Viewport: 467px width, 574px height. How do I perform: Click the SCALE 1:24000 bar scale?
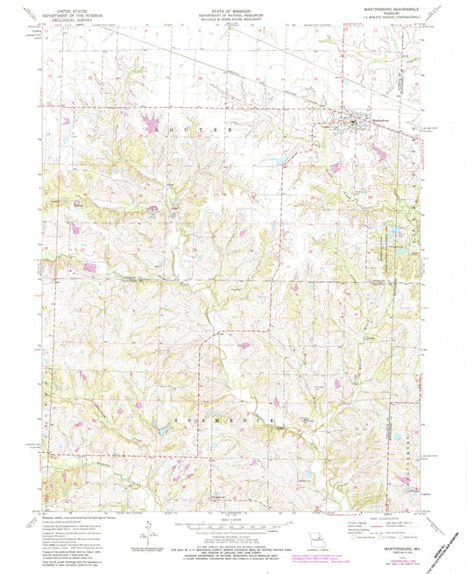tap(232, 526)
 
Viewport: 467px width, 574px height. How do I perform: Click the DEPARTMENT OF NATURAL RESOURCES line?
tap(232, 13)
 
